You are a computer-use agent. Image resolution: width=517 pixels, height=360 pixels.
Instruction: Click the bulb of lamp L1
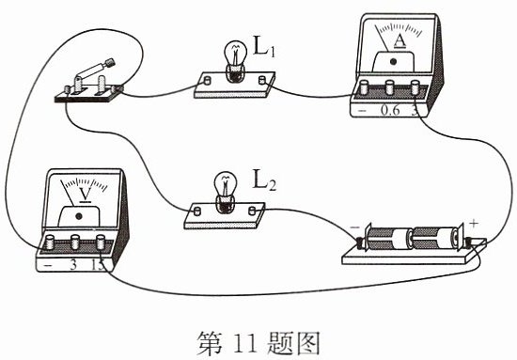[x=235, y=55]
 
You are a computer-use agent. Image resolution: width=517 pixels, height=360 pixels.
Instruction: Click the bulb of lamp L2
[x=226, y=186]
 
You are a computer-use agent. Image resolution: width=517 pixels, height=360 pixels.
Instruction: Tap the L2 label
[x=264, y=180]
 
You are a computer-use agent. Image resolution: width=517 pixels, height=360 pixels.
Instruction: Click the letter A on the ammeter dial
[x=399, y=40]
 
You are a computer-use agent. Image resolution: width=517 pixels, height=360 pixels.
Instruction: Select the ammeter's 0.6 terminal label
[x=390, y=110]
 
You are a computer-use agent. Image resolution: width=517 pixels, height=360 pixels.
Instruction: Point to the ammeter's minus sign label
[x=362, y=111]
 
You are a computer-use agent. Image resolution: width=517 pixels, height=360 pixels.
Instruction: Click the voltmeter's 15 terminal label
[x=98, y=265]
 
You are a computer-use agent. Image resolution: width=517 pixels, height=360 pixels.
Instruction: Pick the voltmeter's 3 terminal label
[x=73, y=264]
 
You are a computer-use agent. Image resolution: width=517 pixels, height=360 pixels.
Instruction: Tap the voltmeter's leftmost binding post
[x=50, y=242]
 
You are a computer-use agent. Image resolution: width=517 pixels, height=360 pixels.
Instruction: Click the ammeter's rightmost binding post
[x=415, y=87]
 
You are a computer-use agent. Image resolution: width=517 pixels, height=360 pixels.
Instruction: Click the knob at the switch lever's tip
[x=109, y=63]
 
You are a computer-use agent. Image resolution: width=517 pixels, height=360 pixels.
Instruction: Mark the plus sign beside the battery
[x=474, y=224]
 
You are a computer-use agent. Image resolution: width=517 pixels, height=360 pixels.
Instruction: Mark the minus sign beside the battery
[x=354, y=227]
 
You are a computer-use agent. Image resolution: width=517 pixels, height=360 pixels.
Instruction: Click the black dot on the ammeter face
[x=393, y=61]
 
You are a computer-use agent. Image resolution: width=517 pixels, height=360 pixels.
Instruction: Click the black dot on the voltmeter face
[x=78, y=216]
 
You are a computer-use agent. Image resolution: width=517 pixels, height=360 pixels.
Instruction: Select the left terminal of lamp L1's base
[x=208, y=80]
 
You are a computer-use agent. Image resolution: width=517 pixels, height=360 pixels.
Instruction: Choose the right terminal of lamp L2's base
[x=253, y=211]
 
